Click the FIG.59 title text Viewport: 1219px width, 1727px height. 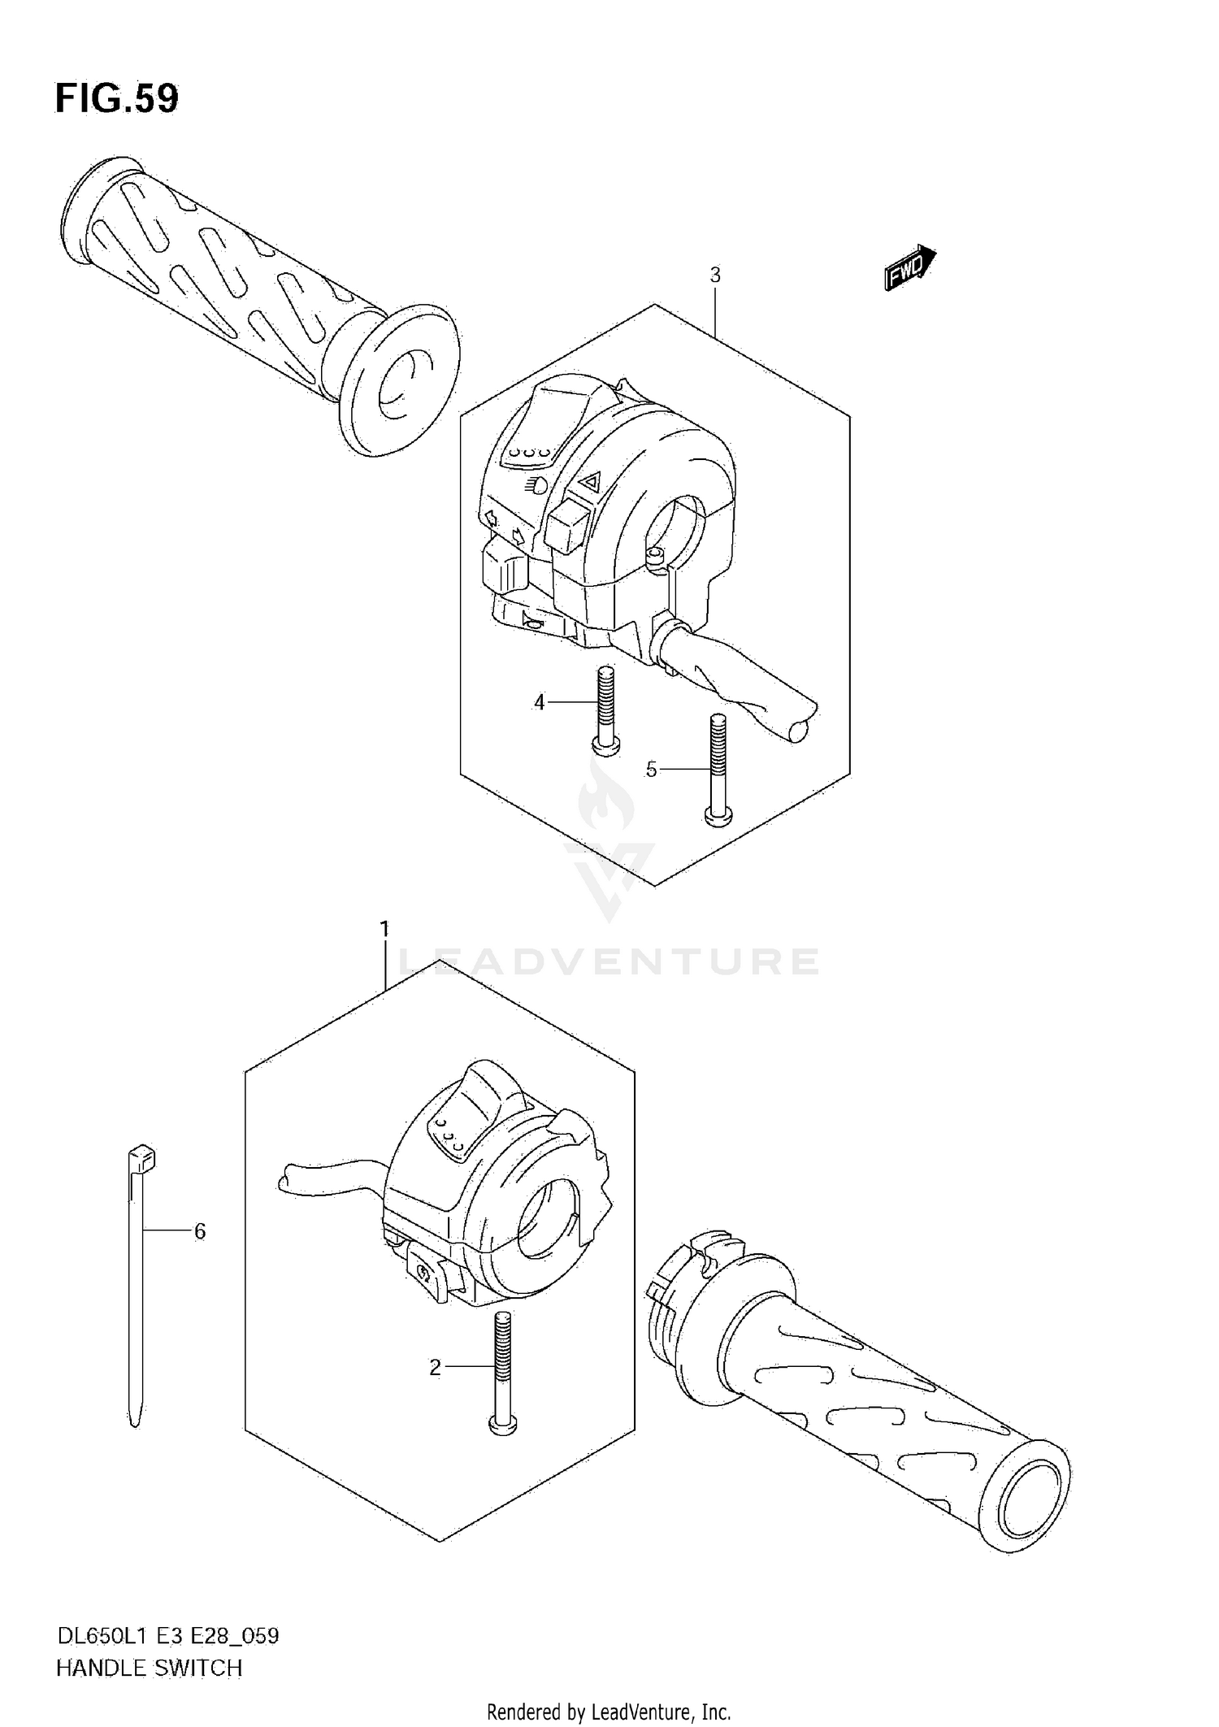(117, 98)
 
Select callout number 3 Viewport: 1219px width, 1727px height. (715, 276)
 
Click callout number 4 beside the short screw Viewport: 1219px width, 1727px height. (540, 702)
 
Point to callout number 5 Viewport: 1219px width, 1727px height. (651, 769)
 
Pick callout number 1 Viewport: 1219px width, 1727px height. (384, 928)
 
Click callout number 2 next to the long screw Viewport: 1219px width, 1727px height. (435, 1368)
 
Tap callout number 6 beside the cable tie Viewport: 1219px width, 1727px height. (200, 1231)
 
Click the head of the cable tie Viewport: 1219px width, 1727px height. (141, 1158)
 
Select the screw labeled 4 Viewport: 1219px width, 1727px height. (604, 707)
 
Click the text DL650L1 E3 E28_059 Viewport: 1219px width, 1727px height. (167, 1636)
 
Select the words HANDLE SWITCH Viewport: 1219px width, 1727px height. (149, 1668)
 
